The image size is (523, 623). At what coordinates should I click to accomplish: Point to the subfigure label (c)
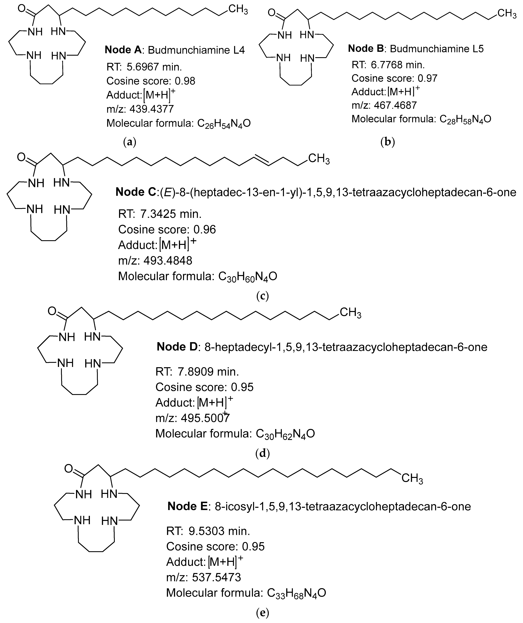tap(262, 296)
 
